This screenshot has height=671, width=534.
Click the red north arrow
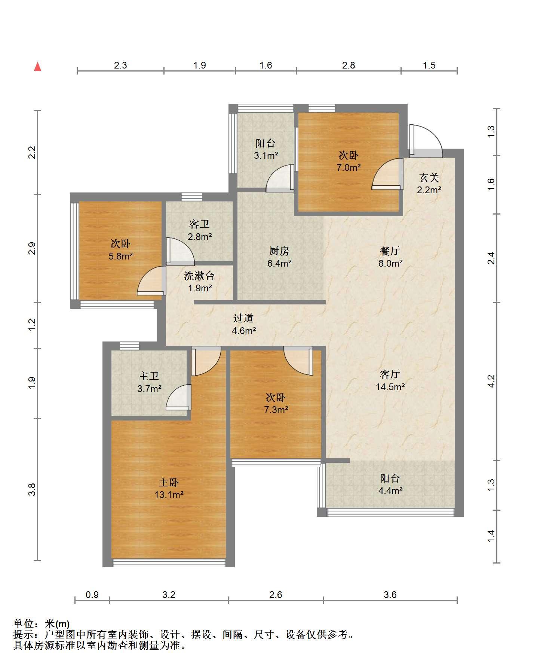point(37,67)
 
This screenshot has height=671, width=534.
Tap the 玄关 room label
point(429,177)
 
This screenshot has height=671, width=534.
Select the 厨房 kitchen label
point(279,251)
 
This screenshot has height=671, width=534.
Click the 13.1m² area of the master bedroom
point(169,495)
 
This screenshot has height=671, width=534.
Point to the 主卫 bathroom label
point(149,376)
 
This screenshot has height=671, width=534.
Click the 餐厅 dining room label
point(390,251)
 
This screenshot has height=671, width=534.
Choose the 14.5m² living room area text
point(390,387)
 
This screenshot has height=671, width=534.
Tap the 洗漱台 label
point(199,276)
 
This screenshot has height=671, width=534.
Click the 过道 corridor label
point(243,318)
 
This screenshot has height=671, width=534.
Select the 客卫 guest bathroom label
point(199,224)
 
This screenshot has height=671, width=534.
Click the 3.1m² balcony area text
point(266,155)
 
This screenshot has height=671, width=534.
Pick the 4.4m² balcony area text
point(390,491)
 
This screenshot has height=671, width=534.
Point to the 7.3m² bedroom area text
point(276,410)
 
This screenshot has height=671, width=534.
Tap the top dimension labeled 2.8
point(349,65)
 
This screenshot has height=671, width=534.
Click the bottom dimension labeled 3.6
point(390,595)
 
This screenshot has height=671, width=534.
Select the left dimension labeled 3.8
point(33,489)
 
